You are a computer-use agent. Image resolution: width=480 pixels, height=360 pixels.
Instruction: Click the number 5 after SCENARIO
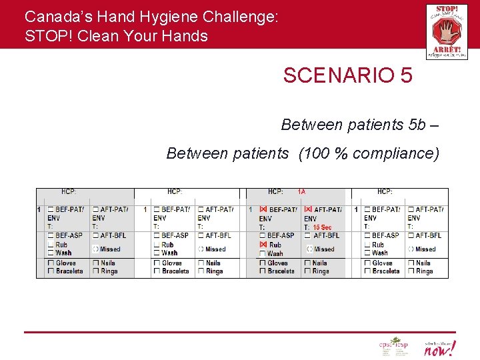[x=406, y=76]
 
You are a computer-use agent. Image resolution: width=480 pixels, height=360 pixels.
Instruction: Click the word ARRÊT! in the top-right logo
[x=447, y=49]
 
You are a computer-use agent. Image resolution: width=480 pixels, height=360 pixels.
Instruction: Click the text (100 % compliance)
[x=369, y=153]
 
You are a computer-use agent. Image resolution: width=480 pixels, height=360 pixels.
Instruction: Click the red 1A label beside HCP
[x=301, y=192]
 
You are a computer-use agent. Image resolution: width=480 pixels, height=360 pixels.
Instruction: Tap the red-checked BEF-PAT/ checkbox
[x=263, y=209]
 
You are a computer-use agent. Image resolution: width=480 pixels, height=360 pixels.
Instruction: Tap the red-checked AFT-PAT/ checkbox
[x=308, y=209]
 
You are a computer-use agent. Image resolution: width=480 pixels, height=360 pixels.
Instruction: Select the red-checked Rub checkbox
[x=263, y=245]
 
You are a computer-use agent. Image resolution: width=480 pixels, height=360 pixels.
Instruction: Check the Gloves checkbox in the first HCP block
[x=51, y=263]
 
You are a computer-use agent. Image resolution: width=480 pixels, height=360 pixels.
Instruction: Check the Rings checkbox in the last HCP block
[x=410, y=271]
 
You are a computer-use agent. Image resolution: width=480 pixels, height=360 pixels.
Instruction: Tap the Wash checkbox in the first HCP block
[x=51, y=253]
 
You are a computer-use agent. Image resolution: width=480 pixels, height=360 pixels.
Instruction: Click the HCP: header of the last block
[x=385, y=192]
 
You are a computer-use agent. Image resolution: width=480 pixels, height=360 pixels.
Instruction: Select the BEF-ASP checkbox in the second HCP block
[x=157, y=235]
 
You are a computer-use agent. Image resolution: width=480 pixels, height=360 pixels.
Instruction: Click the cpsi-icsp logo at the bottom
[x=393, y=347]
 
